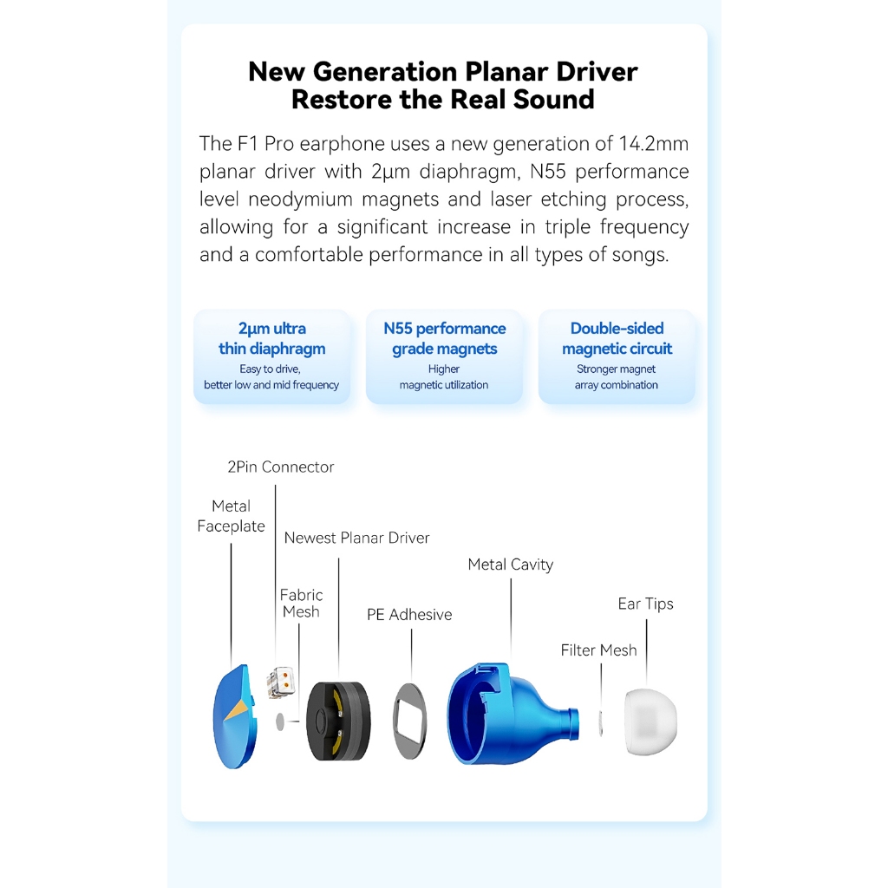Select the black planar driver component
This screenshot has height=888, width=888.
(x=338, y=720)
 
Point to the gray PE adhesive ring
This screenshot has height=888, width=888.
(x=410, y=721)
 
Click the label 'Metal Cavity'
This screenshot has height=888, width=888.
(x=510, y=565)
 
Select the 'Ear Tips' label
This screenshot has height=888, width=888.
(x=645, y=604)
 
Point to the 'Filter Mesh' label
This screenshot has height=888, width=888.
(x=598, y=650)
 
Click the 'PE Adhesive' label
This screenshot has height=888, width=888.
(x=409, y=615)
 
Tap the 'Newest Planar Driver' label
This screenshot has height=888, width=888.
(x=356, y=538)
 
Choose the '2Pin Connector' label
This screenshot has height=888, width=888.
(x=280, y=467)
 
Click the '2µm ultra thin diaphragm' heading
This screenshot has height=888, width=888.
(x=271, y=338)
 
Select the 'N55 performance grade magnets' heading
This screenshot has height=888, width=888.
(x=444, y=338)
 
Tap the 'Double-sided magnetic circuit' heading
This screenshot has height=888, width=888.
(x=617, y=338)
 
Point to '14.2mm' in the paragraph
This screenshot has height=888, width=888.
(x=654, y=143)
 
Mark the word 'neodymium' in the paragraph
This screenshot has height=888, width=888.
(x=302, y=199)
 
